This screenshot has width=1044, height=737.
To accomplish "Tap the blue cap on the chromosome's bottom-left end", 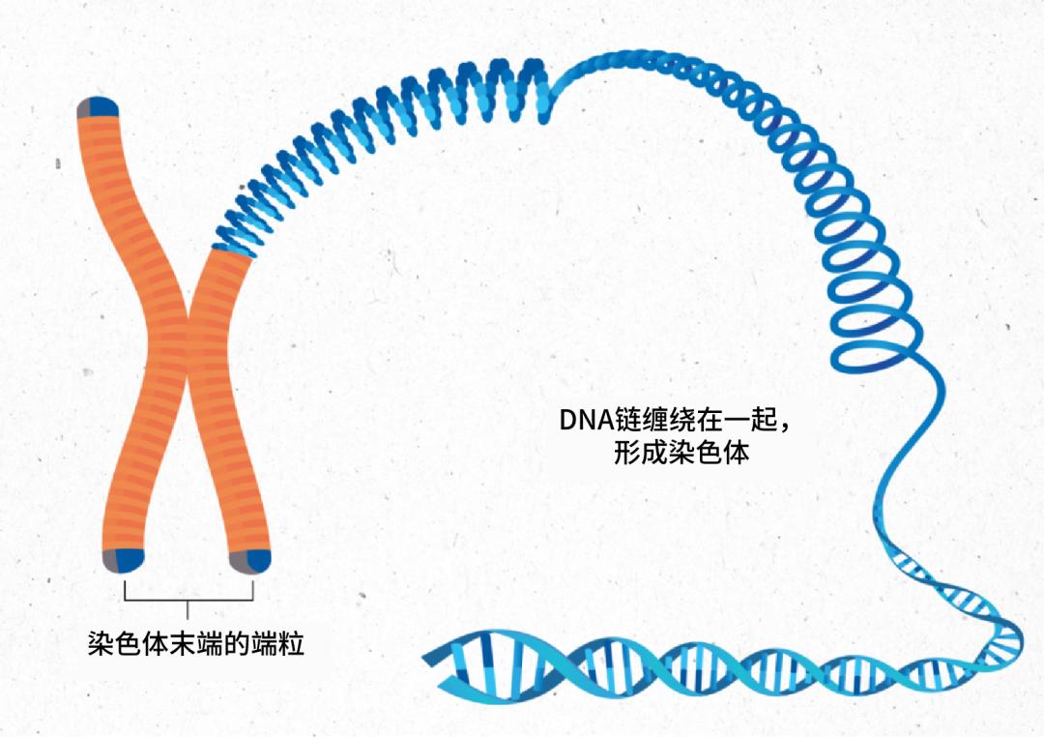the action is (x=130, y=558).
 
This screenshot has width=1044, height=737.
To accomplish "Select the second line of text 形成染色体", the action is (x=681, y=453).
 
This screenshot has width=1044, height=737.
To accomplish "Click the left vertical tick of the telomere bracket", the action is (x=125, y=590).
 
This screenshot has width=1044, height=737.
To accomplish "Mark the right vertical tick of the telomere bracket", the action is (x=253, y=590).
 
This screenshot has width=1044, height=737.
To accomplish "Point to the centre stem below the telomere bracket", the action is (x=188, y=610).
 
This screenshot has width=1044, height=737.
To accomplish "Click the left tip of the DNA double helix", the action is (x=427, y=659).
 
